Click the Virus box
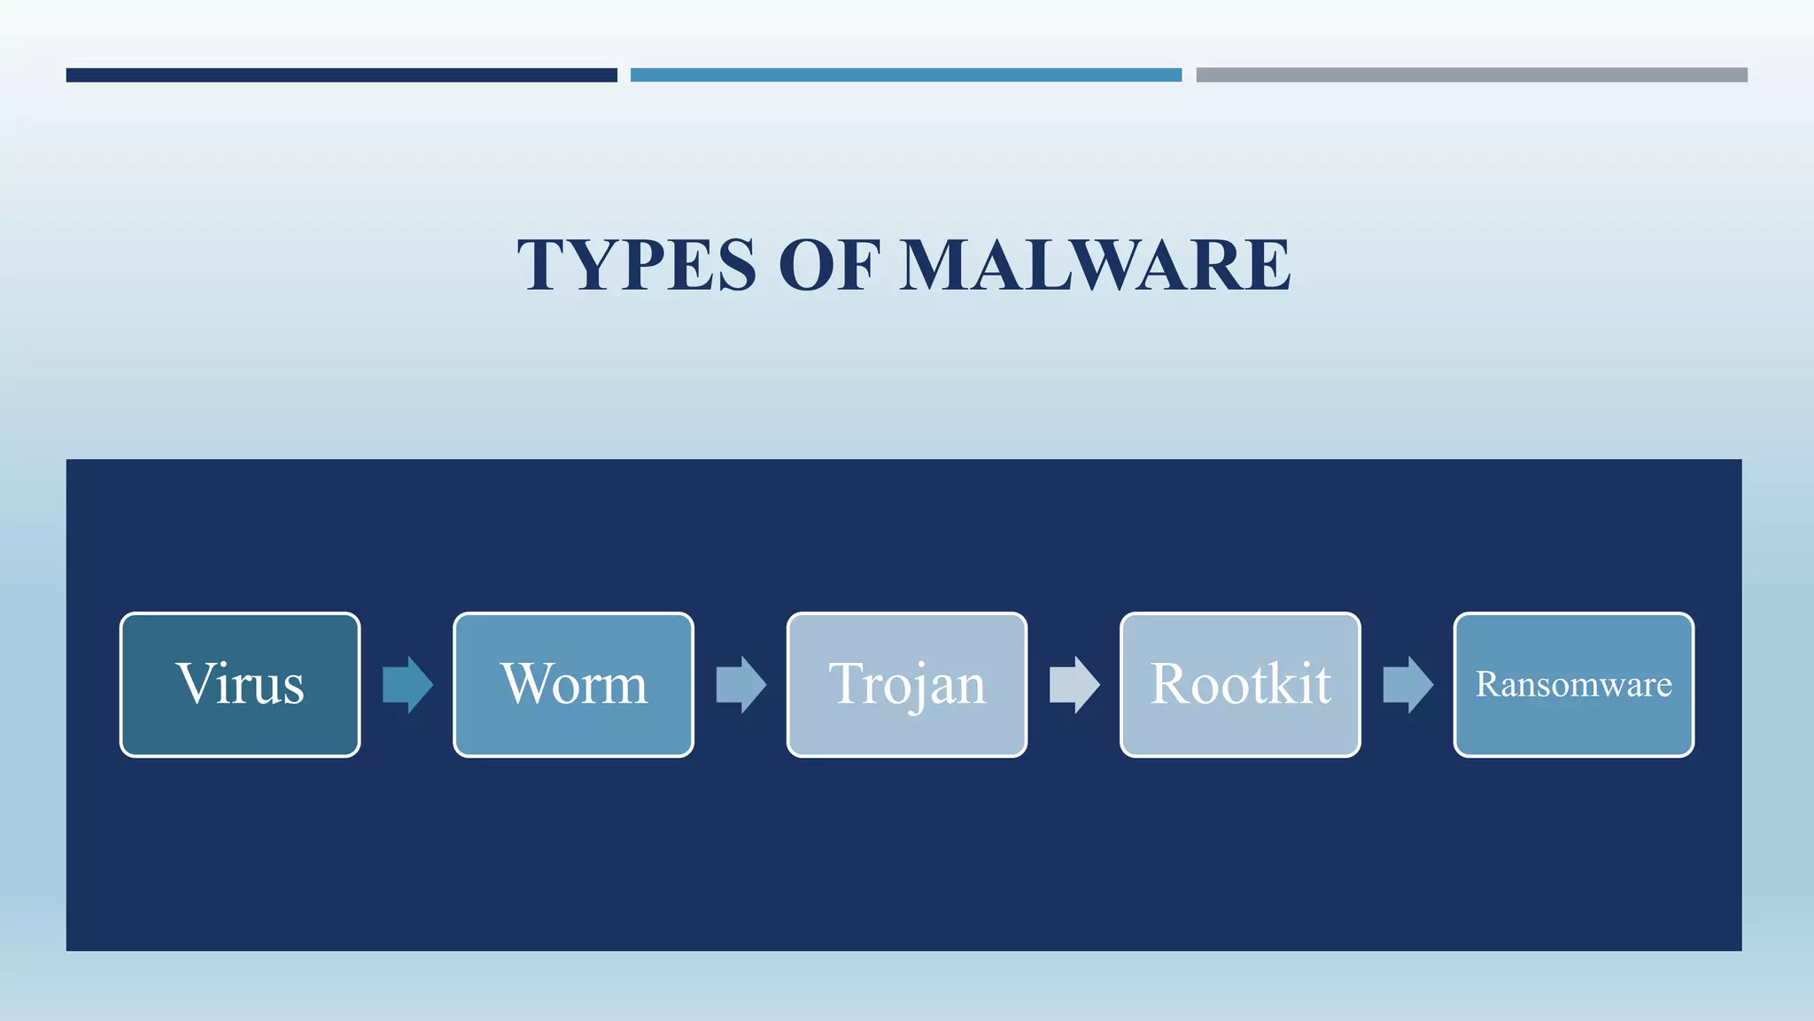pos(239,684)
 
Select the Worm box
pos(573,684)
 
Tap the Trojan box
pos(906,684)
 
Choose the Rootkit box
pos(1240,684)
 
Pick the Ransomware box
pos(1573,684)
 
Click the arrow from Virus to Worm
pos(407,684)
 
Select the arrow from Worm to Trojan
pos(740,684)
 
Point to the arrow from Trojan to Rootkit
pos(1074,684)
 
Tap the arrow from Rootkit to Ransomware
pos(1407,684)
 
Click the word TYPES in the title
pos(637,265)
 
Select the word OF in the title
pos(828,265)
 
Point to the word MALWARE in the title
pos(1095,265)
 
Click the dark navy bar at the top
pos(341,75)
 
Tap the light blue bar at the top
pos(905,75)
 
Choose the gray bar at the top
pos(1471,75)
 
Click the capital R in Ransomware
pos(1486,684)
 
